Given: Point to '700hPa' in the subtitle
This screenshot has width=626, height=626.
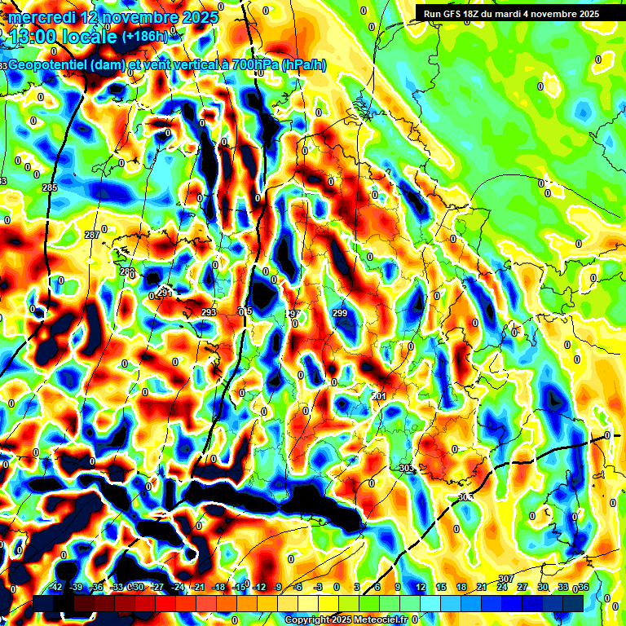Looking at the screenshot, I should coord(253,65).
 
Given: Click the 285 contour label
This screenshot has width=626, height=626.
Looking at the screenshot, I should coord(50,188).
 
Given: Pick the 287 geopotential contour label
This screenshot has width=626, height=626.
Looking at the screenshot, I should coord(91,235).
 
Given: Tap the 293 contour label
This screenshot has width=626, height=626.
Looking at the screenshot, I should coord(209,312).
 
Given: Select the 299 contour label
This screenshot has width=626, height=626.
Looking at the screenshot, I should coord(340,312).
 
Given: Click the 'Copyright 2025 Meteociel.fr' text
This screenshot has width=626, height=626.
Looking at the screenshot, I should coord(345,620).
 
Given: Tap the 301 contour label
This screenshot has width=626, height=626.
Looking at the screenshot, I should coord(378,396).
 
